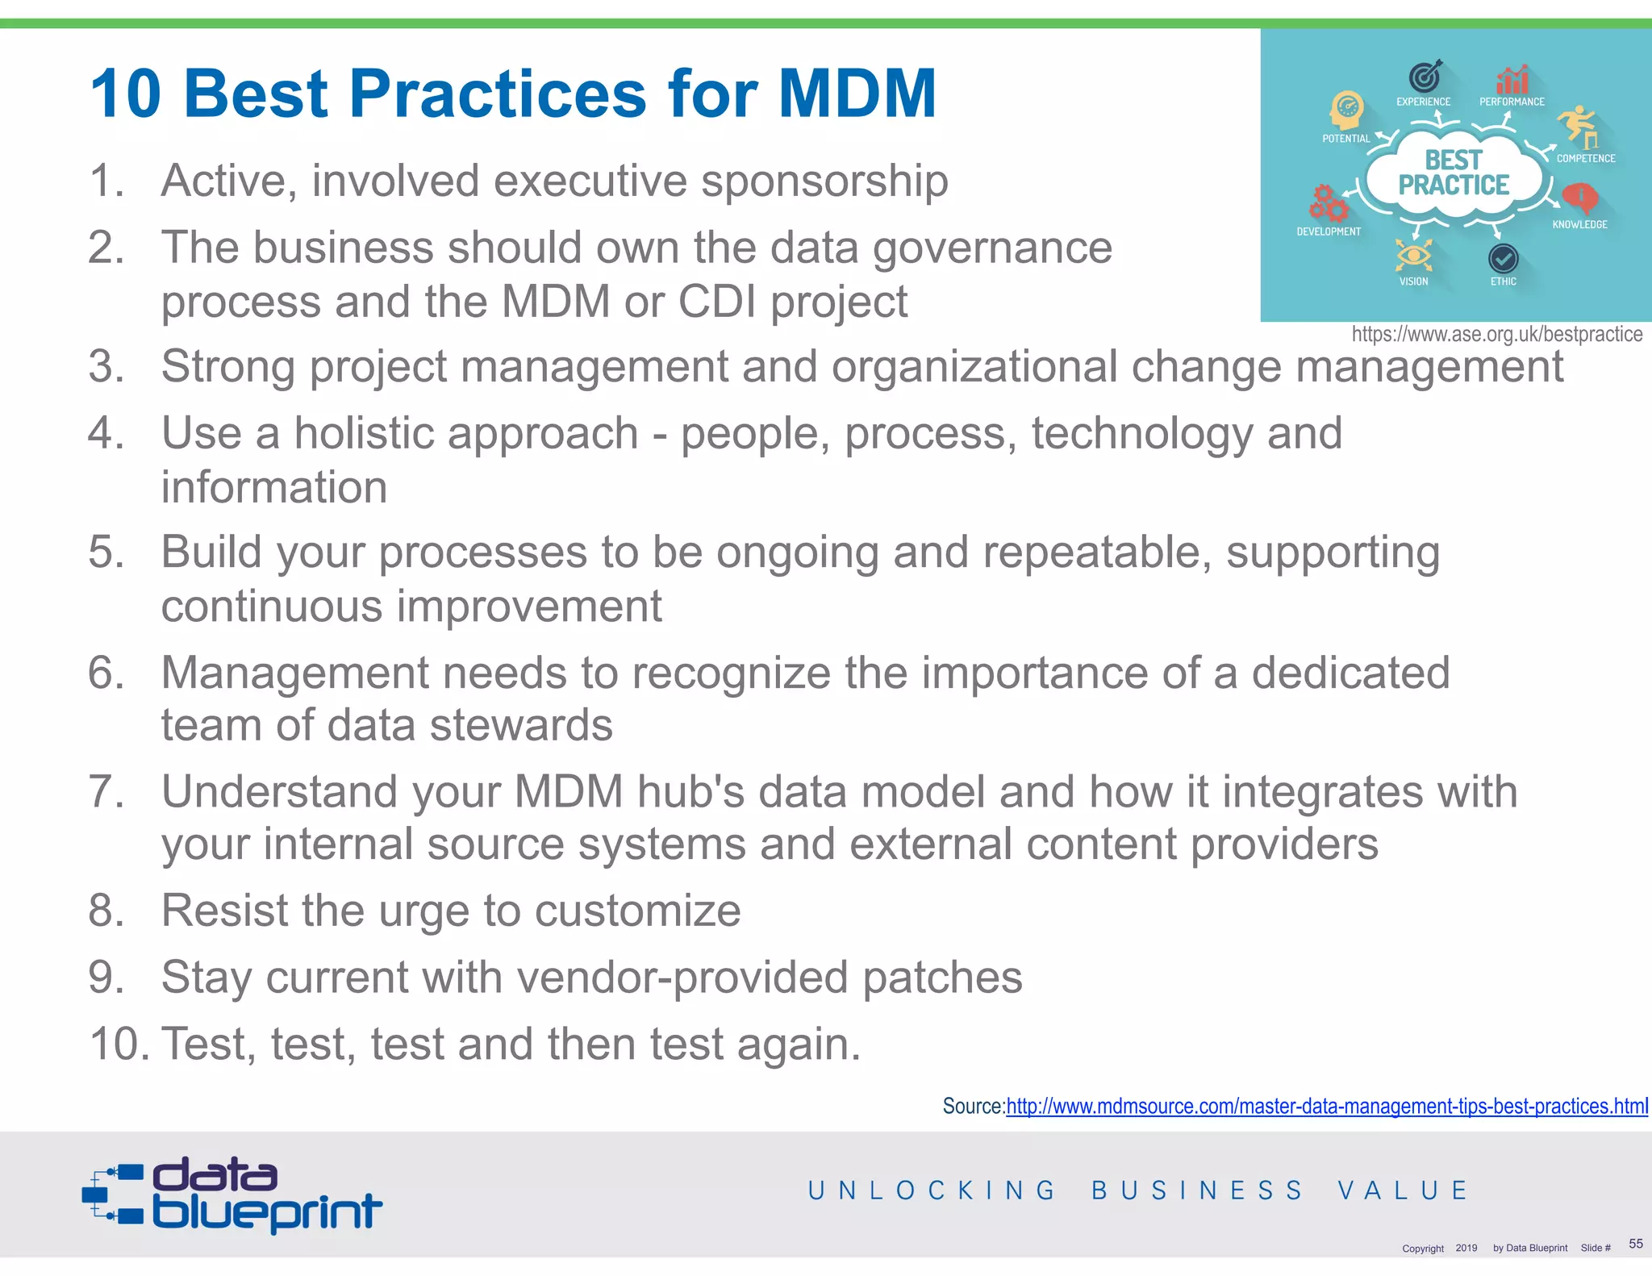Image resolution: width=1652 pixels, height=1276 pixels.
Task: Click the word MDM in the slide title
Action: click(857, 94)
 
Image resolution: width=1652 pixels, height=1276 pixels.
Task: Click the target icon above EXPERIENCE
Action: click(1425, 76)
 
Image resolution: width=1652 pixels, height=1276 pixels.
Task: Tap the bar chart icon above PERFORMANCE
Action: click(1512, 79)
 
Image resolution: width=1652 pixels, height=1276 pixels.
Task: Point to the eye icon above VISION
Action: click(1413, 256)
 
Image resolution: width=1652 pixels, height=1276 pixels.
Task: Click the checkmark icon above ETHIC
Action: click(1503, 259)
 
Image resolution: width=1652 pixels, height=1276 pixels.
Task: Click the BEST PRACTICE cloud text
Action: click(1454, 173)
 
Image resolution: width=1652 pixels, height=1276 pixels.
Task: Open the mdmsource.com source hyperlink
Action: click(1327, 1106)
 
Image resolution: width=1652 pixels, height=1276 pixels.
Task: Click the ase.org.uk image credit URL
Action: click(1496, 334)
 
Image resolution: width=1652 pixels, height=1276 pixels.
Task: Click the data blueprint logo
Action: click(232, 1195)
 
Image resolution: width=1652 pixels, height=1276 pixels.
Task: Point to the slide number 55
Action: click(1635, 1243)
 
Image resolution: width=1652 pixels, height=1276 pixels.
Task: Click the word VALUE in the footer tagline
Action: click(1403, 1191)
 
